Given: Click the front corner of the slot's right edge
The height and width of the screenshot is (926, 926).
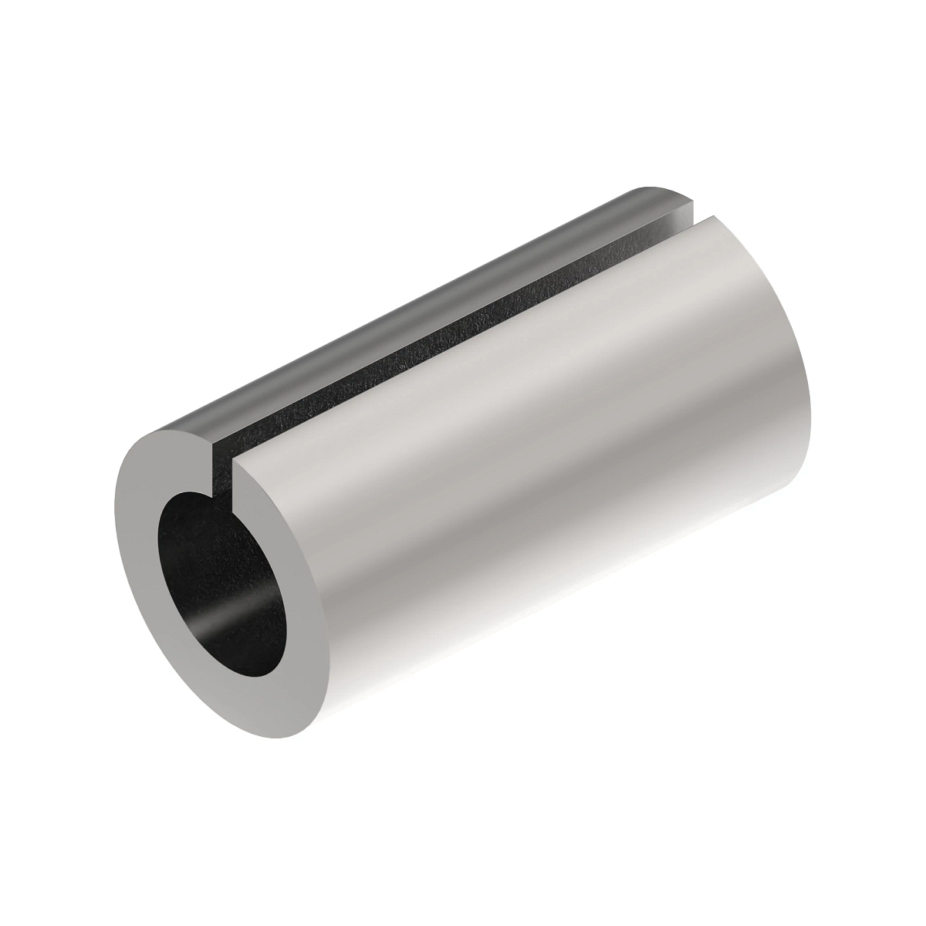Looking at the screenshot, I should [235, 463].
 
